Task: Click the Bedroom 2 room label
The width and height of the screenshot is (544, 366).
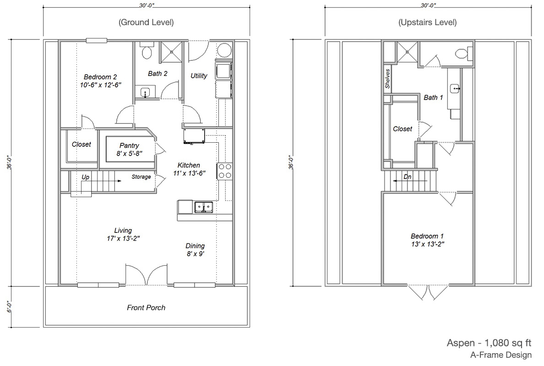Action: (x=100, y=77)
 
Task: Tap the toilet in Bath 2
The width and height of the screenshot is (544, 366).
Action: (x=147, y=50)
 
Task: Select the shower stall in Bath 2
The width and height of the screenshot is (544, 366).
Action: (x=171, y=52)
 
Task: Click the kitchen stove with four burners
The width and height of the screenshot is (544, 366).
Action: (x=224, y=171)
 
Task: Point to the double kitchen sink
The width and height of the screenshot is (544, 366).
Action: (x=204, y=207)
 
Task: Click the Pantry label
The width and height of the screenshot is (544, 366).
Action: (x=129, y=145)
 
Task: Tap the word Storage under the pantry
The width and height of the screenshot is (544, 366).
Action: (x=141, y=177)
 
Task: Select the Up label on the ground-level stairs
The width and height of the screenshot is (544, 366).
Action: (x=85, y=177)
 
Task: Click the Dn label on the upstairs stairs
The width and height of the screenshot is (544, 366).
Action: (x=408, y=177)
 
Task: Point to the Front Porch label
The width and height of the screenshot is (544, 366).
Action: (x=146, y=308)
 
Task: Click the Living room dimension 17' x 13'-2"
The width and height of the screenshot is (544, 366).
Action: (x=124, y=238)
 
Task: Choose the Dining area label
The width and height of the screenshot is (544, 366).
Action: (x=195, y=246)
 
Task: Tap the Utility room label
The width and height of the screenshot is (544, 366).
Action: (x=199, y=76)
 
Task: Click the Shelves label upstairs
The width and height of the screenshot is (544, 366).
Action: (x=387, y=78)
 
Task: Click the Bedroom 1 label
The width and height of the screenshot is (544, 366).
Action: (x=427, y=236)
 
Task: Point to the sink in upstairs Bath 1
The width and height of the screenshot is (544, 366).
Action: (x=455, y=89)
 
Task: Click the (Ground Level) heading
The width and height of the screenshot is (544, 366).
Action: (x=146, y=22)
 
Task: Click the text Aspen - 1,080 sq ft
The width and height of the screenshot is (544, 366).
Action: (x=489, y=343)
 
